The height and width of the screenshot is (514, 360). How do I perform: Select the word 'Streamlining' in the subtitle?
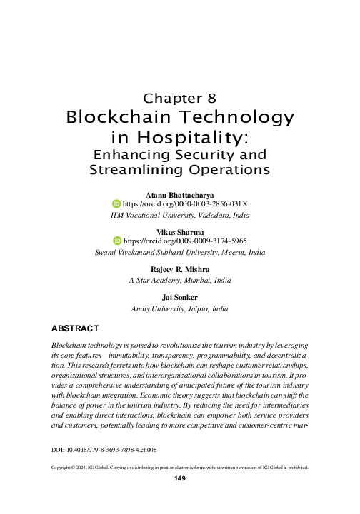pyautogui.click(x=136, y=170)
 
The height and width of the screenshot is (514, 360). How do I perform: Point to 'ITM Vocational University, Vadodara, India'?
pyautogui.click(x=179, y=214)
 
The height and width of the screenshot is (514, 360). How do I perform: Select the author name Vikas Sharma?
pyautogui.click(x=179, y=232)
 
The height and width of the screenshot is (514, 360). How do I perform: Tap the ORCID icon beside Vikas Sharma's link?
pyautogui.click(x=119, y=242)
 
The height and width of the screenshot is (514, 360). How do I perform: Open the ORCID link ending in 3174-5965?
pyautogui.click(x=185, y=242)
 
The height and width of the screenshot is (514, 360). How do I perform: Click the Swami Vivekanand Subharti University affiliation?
pyautogui.click(x=179, y=252)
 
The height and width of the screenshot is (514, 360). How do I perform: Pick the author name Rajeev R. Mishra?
pyautogui.click(x=179, y=270)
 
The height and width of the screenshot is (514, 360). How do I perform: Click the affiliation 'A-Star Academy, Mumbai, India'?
pyautogui.click(x=179, y=280)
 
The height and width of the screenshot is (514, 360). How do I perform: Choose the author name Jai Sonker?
pyautogui.click(x=179, y=298)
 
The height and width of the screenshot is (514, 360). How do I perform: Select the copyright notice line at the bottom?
pyautogui.click(x=180, y=468)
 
